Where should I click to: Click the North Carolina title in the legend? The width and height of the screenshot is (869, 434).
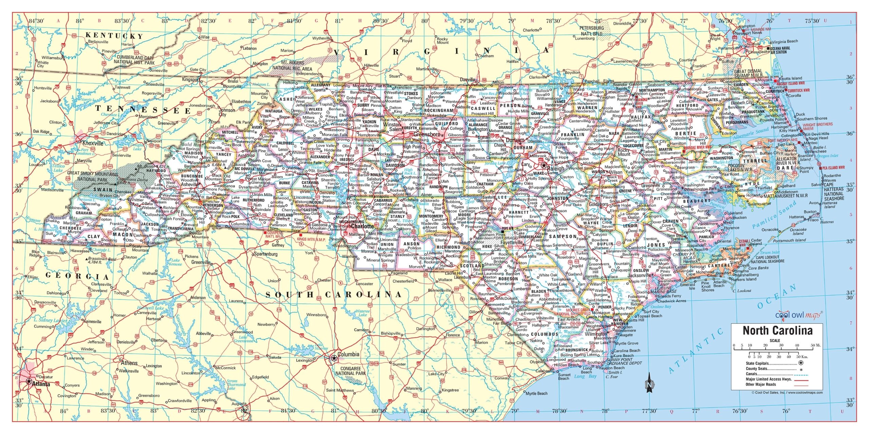(x=778, y=331)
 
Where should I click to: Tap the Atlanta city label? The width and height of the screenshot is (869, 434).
(x=41, y=384)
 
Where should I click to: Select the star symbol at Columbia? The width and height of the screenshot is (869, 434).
(x=334, y=358)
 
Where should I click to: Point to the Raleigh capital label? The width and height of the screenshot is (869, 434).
(x=556, y=169)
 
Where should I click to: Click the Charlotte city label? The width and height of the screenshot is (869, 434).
(x=362, y=226)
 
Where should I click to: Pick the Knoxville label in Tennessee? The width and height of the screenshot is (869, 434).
(x=93, y=143)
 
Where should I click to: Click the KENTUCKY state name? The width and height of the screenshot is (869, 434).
(x=114, y=36)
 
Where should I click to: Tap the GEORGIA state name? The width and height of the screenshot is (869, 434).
(x=77, y=276)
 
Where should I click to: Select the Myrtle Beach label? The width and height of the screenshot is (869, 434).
(x=536, y=393)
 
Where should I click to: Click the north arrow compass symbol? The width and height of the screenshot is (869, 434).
(x=649, y=383)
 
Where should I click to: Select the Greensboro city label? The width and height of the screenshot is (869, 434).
(x=427, y=134)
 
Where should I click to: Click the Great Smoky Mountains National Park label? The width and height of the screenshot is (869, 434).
(x=93, y=176)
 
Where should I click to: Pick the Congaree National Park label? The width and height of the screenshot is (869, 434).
(x=350, y=371)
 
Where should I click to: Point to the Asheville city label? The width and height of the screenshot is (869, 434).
(x=189, y=184)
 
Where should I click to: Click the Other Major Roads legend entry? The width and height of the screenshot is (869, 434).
(x=761, y=384)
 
